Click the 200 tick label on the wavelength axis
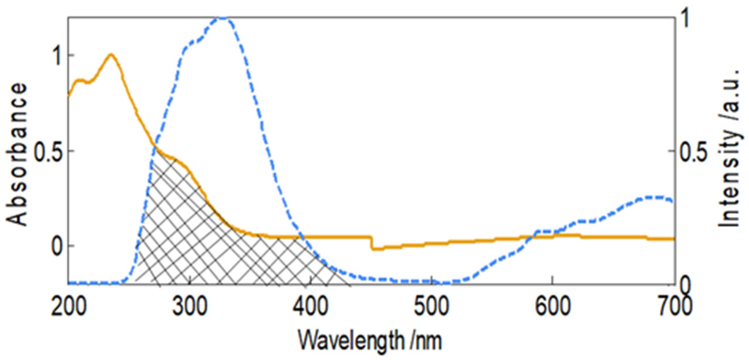coord(68,307)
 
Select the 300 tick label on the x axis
coord(190,307)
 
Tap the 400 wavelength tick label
coord(311,307)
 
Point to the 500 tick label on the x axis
coord(432,307)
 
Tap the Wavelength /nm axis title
coord(370,340)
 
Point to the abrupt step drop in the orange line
coord(371,243)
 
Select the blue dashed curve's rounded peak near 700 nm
coord(650,197)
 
